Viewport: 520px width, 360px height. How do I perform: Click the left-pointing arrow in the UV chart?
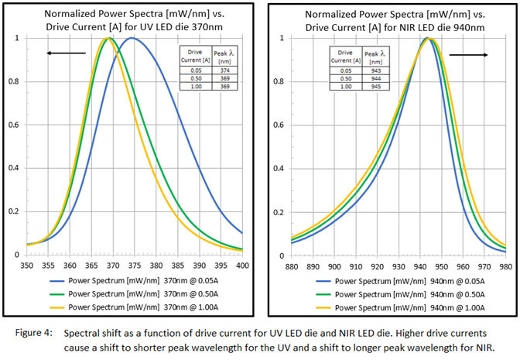pos(67,53)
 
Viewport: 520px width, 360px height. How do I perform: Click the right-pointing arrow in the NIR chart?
pos(469,55)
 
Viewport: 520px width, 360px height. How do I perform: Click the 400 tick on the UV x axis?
pos(243,266)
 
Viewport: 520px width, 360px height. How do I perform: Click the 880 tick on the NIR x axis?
pos(292,266)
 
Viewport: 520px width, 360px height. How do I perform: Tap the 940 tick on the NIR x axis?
pos(420,266)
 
